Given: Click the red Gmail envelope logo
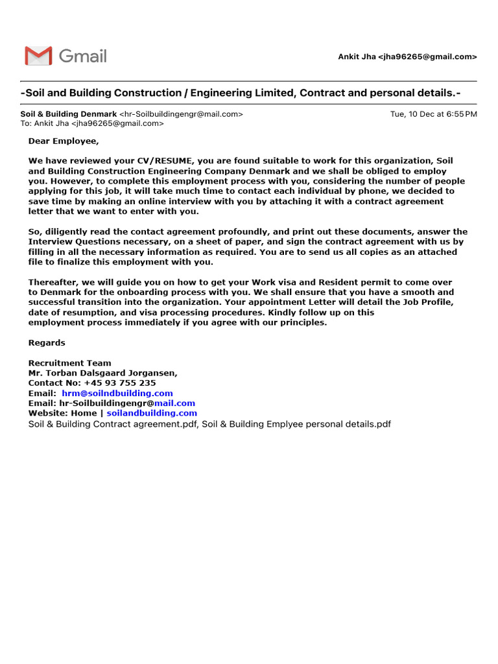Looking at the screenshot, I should click(38, 56).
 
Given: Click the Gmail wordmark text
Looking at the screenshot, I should click(83, 56).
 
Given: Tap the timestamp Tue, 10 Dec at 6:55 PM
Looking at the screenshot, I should click(433, 114).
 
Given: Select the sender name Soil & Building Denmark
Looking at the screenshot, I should click(69, 114).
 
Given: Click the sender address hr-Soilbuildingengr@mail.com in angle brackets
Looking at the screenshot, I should click(181, 114).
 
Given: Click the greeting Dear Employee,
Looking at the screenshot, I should click(63, 141).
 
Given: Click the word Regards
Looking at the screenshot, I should click(47, 342).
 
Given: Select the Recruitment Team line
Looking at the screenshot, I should click(69, 363).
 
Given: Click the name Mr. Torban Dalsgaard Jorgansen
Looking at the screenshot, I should click(102, 373).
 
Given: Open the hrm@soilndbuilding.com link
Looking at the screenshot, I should click(117, 394).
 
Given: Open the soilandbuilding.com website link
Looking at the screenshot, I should click(152, 413).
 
